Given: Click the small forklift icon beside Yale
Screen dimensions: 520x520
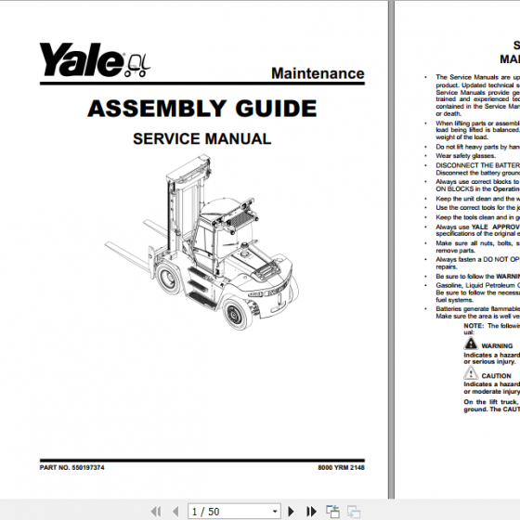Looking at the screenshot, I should pos(137,62).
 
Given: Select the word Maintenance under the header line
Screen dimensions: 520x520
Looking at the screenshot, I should pos(318,73).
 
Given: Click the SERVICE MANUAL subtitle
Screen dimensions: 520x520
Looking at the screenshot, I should pos(201,139).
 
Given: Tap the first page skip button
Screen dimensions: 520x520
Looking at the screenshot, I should pos(154,512).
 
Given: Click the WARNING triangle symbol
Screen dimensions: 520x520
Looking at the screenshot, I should pos(471,345).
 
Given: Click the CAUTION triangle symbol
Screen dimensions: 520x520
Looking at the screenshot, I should pos(471,375).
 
